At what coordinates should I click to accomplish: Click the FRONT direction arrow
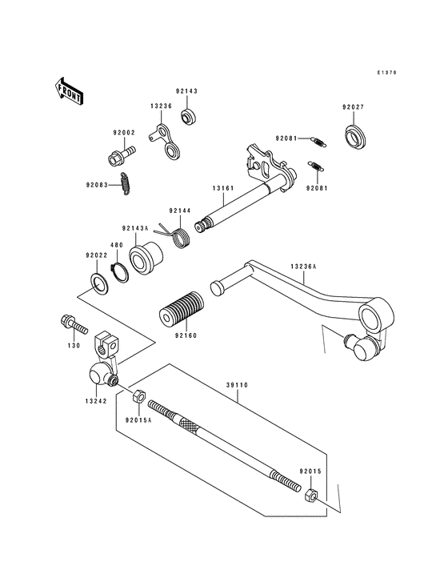[70, 92]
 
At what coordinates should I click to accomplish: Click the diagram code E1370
[387, 72]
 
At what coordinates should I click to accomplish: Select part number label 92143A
[135, 227]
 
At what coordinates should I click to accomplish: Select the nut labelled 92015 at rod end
[310, 496]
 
